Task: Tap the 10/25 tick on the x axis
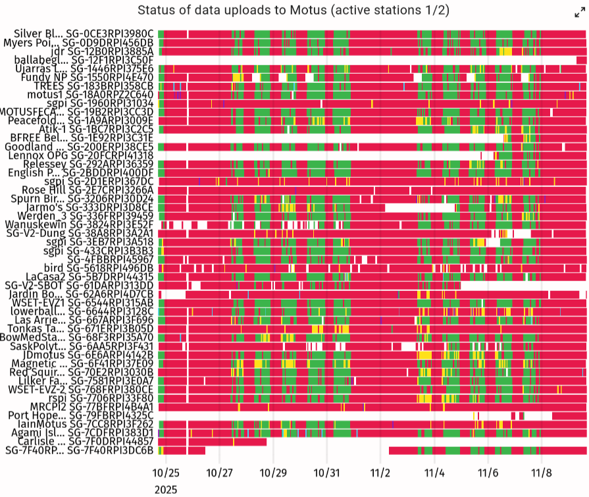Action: click(166, 473)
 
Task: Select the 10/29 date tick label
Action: click(273, 473)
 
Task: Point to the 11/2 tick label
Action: click(380, 473)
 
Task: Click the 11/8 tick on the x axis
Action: click(541, 473)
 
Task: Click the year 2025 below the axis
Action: click(166, 489)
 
